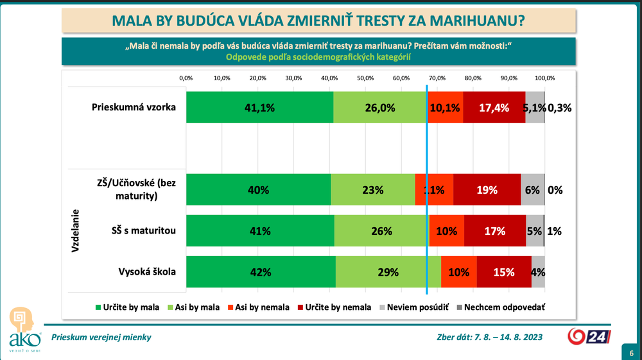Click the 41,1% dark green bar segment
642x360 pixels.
tap(259, 108)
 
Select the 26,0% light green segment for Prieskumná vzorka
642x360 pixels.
tap(379, 108)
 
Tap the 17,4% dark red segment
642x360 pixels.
tap(494, 108)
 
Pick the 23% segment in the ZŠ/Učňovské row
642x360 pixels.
tap(373, 190)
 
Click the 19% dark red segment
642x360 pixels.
tap(487, 190)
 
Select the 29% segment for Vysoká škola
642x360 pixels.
tap(388, 271)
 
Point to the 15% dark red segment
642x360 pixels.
tap(504, 271)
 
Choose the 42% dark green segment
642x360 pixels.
tap(261, 271)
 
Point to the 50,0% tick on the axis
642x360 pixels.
tap(365, 78)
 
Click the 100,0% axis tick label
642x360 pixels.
tap(545, 78)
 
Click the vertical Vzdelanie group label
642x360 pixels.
tap(75, 230)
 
